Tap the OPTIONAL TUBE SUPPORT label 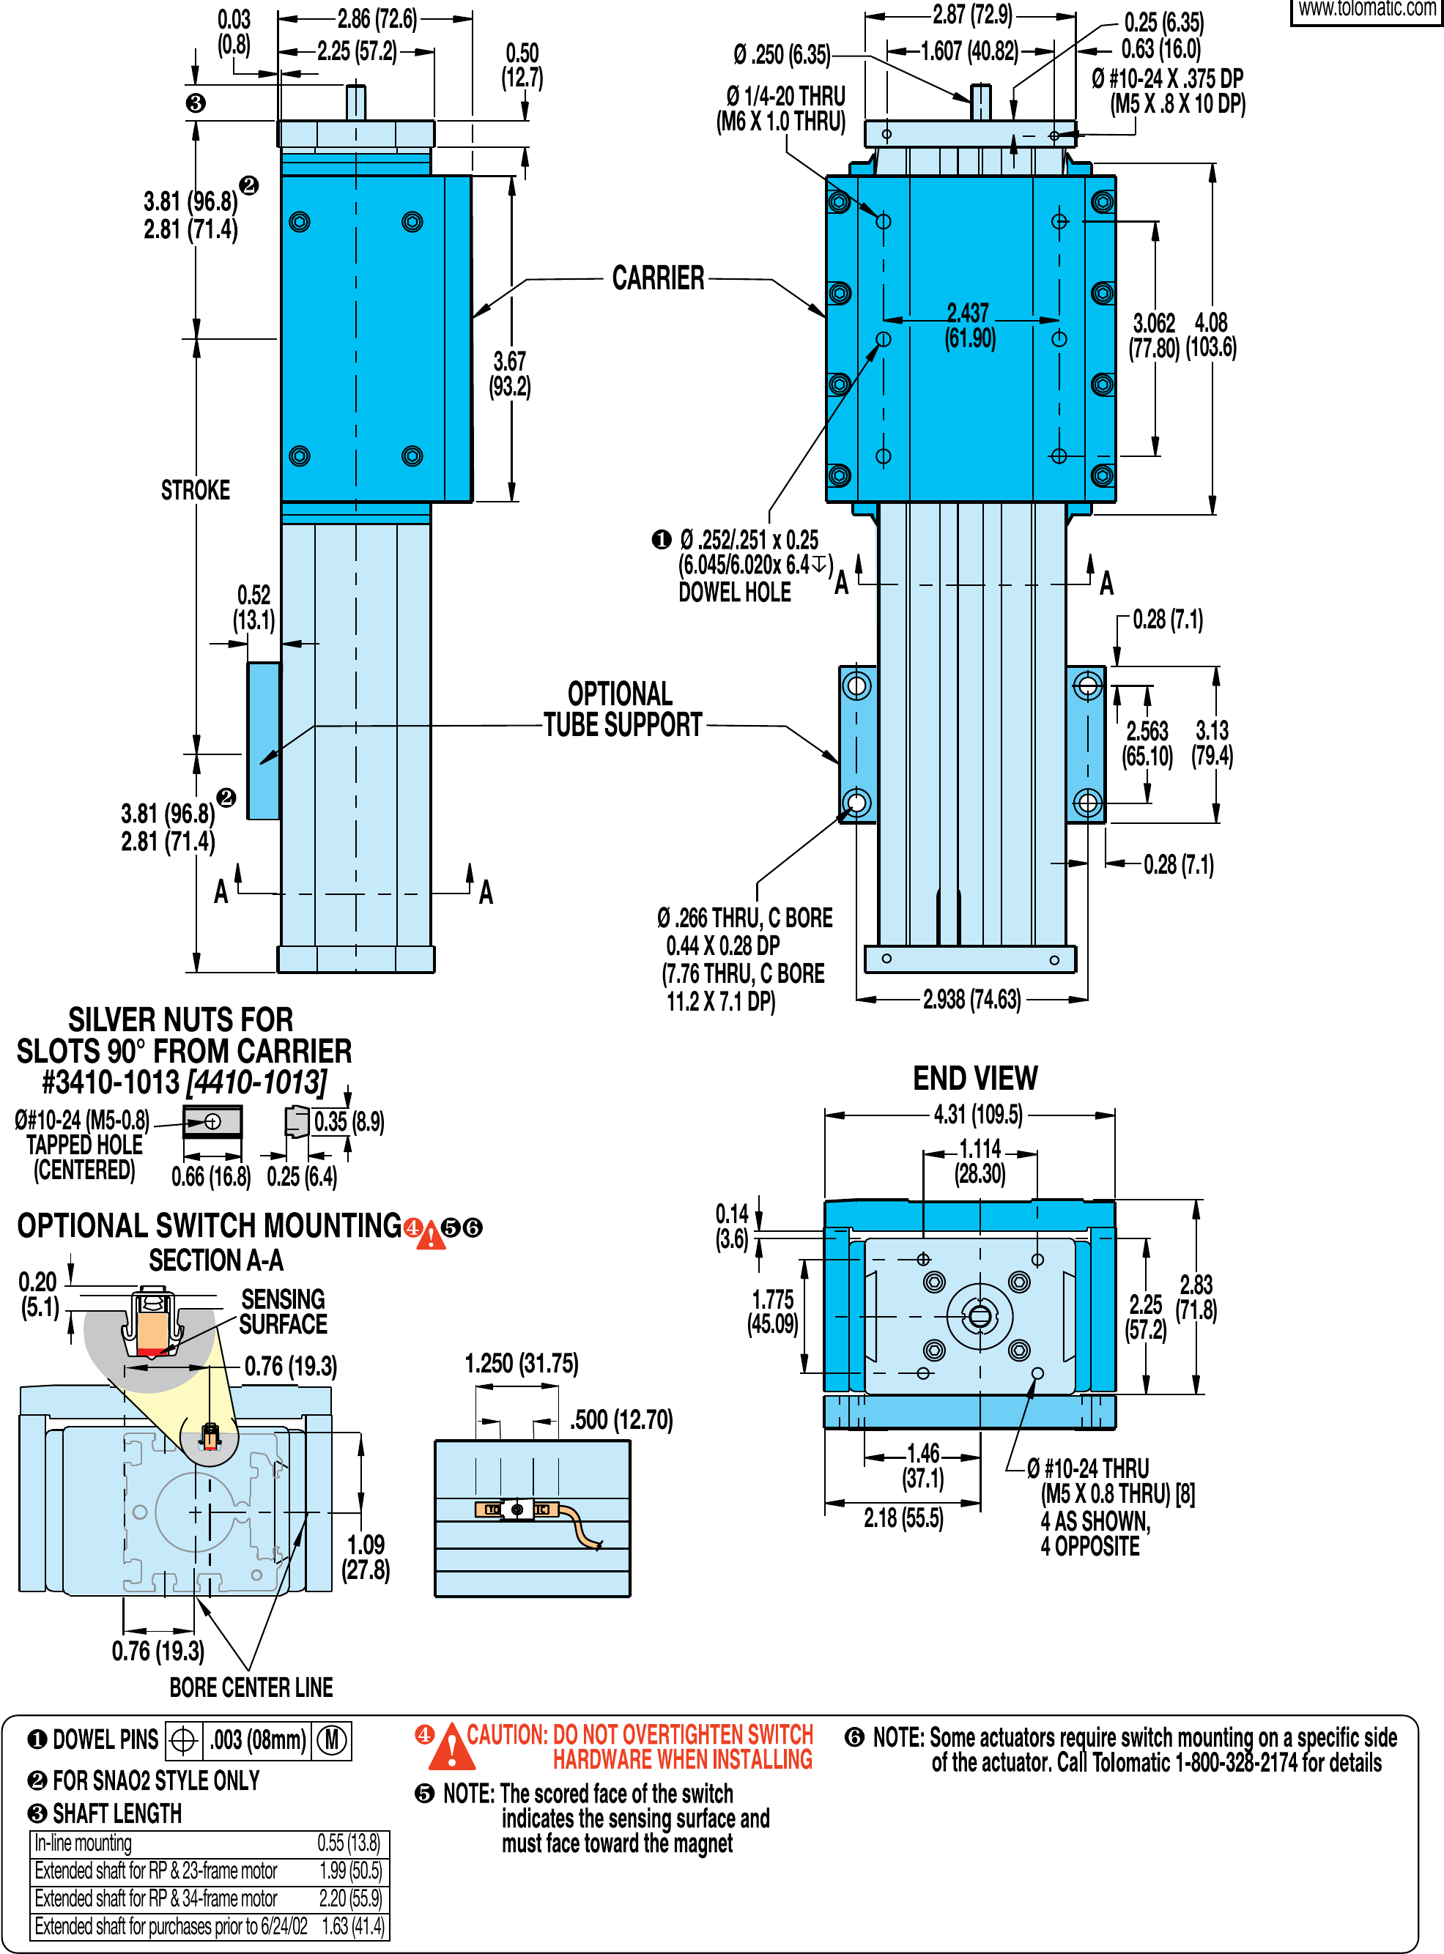(621, 709)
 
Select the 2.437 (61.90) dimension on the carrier (969, 325)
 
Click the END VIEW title (974, 1077)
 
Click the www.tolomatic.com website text (1367, 9)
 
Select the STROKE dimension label (195, 490)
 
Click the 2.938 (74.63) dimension (971, 999)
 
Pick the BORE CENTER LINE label (251, 1687)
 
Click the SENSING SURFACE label (282, 1311)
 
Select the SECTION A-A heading (216, 1260)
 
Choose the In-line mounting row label (83, 1843)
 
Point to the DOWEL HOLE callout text (734, 592)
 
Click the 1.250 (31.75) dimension (521, 1363)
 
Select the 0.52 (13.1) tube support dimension (253, 607)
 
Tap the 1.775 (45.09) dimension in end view (773, 1312)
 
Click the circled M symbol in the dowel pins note (331, 1740)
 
